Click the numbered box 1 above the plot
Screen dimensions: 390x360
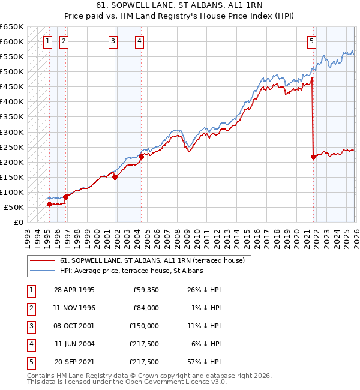click(x=47, y=41)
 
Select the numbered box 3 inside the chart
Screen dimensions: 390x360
click(x=113, y=41)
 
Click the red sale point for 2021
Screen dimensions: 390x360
click(x=314, y=157)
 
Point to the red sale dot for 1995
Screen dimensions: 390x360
click(x=50, y=204)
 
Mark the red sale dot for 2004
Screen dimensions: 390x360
click(x=141, y=157)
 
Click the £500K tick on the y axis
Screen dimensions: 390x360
click(x=11, y=72)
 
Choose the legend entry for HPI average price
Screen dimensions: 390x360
click(x=131, y=271)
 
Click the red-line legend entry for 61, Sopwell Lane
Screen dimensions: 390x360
click(x=152, y=261)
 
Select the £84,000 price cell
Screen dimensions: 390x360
click(x=145, y=308)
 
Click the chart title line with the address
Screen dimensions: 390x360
click(x=180, y=5)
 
